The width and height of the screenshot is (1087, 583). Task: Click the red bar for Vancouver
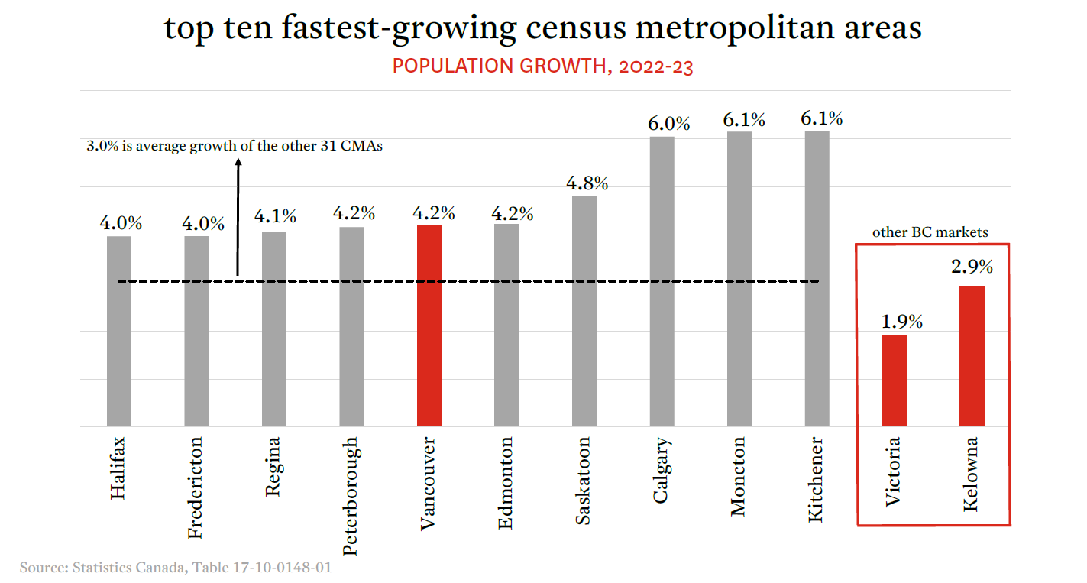(429, 325)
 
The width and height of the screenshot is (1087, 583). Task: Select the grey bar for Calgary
(662, 281)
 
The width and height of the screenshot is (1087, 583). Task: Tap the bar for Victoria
(895, 381)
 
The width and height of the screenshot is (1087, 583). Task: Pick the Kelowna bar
(972, 355)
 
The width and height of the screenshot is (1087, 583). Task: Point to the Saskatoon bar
(584, 310)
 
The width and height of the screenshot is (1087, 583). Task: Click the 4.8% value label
(587, 183)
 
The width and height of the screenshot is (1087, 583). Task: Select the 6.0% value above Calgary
(669, 124)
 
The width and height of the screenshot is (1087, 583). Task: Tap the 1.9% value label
(902, 322)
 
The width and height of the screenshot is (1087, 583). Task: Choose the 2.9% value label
(972, 267)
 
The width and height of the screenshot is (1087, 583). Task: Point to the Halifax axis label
(118, 468)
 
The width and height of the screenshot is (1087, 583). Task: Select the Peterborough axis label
(350, 495)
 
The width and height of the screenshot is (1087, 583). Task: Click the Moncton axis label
(738, 476)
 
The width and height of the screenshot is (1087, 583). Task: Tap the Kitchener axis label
(816, 479)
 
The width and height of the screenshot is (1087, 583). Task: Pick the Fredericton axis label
(196, 487)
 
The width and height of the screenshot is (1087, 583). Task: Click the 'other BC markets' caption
(930, 232)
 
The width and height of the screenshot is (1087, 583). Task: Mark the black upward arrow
(238, 218)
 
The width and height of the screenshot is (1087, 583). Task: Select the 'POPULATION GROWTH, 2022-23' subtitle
(542, 66)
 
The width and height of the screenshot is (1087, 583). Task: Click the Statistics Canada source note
(176, 568)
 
